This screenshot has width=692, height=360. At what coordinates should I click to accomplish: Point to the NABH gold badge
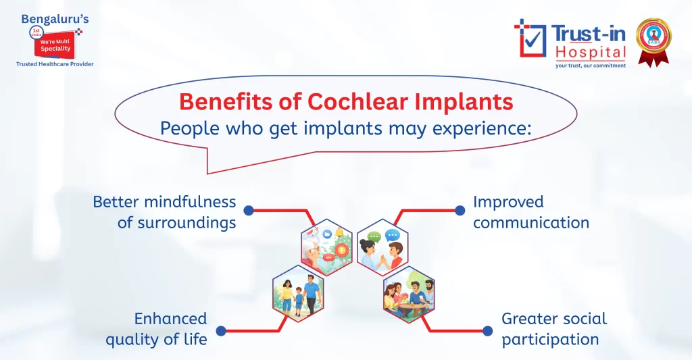(x=653, y=41)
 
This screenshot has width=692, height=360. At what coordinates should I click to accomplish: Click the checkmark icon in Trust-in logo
(x=530, y=38)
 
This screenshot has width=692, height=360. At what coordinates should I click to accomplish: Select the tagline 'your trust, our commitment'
(x=590, y=66)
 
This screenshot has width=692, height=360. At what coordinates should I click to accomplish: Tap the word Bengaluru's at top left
(x=55, y=19)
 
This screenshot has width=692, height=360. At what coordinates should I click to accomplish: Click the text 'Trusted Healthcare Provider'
(x=55, y=64)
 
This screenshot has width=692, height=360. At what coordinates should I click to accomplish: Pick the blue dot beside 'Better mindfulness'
(x=249, y=211)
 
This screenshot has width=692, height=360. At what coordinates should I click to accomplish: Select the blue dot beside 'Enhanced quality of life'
(x=220, y=330)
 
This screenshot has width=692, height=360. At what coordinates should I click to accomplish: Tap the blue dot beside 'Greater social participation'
(x=487, y=330)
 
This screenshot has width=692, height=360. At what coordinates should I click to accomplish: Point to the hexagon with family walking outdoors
(x=298, y=294)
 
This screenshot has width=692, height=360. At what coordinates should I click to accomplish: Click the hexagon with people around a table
(x=409, y=294)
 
